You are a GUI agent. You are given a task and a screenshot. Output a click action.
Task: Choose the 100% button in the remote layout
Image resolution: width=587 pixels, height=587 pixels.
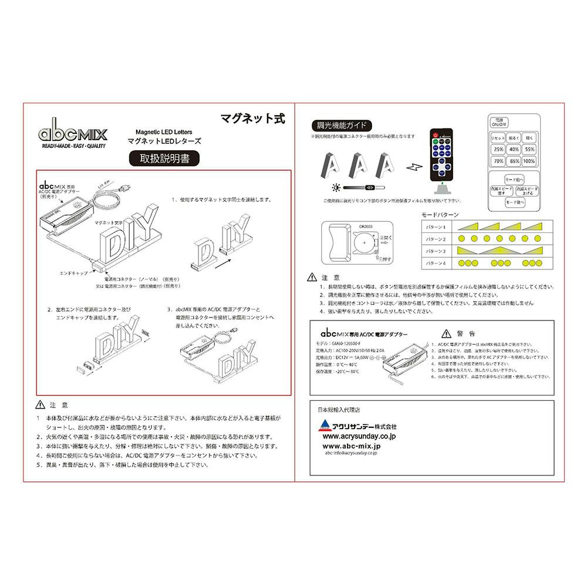pos(529,160)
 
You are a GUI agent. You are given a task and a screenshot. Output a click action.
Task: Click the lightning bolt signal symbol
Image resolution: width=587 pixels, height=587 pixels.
pos(414,166)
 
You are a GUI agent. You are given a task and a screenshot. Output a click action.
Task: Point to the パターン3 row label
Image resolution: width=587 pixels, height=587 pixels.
pos(436,251)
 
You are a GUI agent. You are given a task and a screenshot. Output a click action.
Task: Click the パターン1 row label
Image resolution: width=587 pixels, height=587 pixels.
pos(436,227)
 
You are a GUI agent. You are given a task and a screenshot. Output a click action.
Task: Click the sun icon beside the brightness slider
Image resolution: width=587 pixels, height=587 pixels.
pos(335,187)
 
